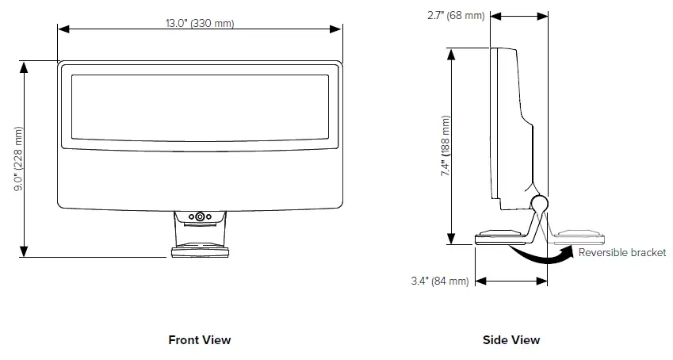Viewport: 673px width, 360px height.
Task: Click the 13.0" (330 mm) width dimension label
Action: click(200, 23)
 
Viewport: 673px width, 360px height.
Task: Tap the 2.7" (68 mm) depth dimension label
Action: click(445, 15)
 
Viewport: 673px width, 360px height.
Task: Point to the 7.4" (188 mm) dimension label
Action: click(445, 147)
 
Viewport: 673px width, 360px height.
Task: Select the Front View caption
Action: click(200, 339)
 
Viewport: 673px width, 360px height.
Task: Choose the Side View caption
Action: click(511, 339)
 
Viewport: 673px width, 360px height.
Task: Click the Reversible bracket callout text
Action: click(622, 252)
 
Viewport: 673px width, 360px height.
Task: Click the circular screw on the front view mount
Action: click(200, 216)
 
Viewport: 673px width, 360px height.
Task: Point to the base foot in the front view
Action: click(200, 252)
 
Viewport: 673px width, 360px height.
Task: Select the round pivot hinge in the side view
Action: click(539, 204)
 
